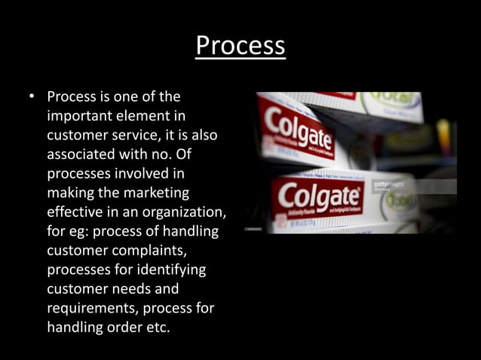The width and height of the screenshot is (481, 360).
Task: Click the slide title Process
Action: (240, 46)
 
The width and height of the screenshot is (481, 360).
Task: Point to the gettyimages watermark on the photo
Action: (388, 184)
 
